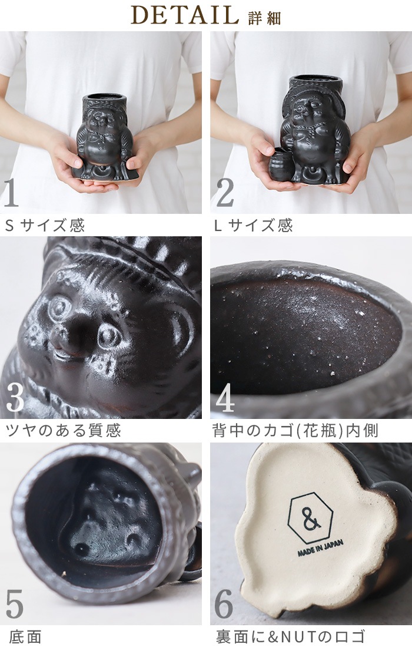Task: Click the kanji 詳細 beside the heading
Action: click(x=265, y=18)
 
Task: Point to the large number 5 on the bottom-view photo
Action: click(x=14, y=603)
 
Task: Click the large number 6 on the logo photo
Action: click(x=224, y=603)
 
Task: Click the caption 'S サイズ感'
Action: click(x=45, y=225)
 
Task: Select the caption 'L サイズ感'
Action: click(x=253, y=225)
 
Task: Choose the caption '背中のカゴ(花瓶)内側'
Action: click(x=295, y=431)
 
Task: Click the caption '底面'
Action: click(x=25, y=636)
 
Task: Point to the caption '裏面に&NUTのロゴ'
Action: click(x=290, y=636)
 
